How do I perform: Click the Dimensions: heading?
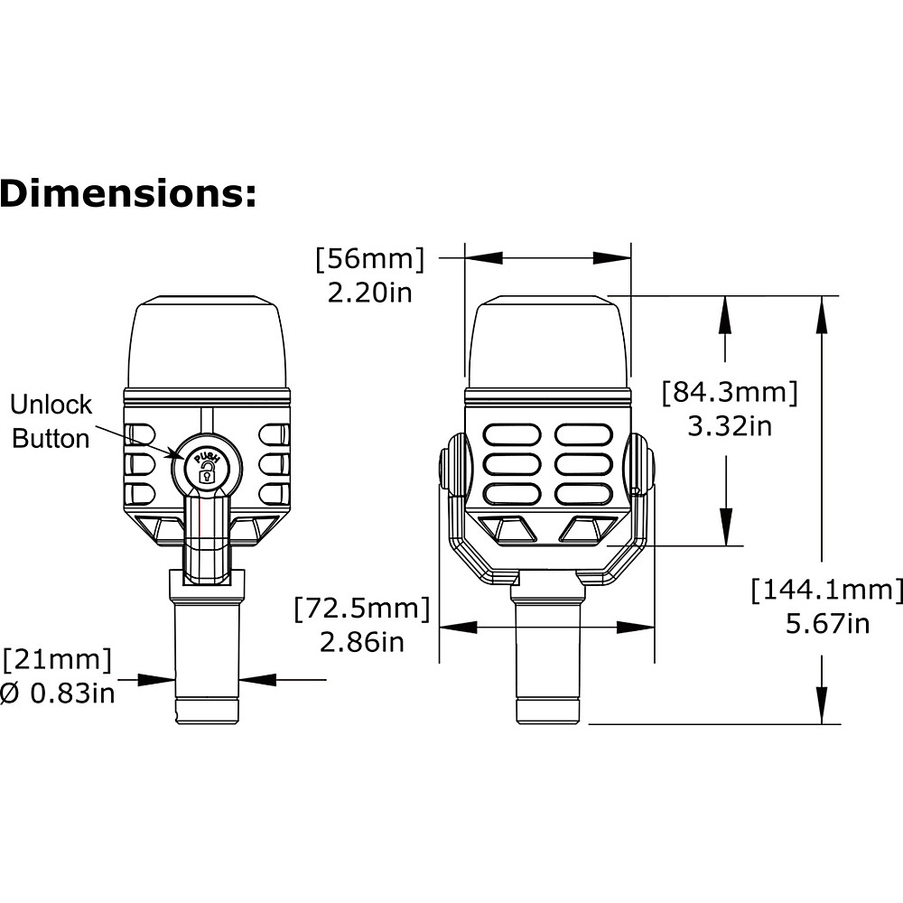128,193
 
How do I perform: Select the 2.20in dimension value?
369,293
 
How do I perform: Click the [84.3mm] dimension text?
730,392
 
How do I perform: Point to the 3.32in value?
730,426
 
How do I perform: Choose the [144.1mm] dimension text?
827,590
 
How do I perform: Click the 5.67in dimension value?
827,624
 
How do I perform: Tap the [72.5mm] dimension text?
362,608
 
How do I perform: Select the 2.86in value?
362,642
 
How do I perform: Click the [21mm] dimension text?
57,659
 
